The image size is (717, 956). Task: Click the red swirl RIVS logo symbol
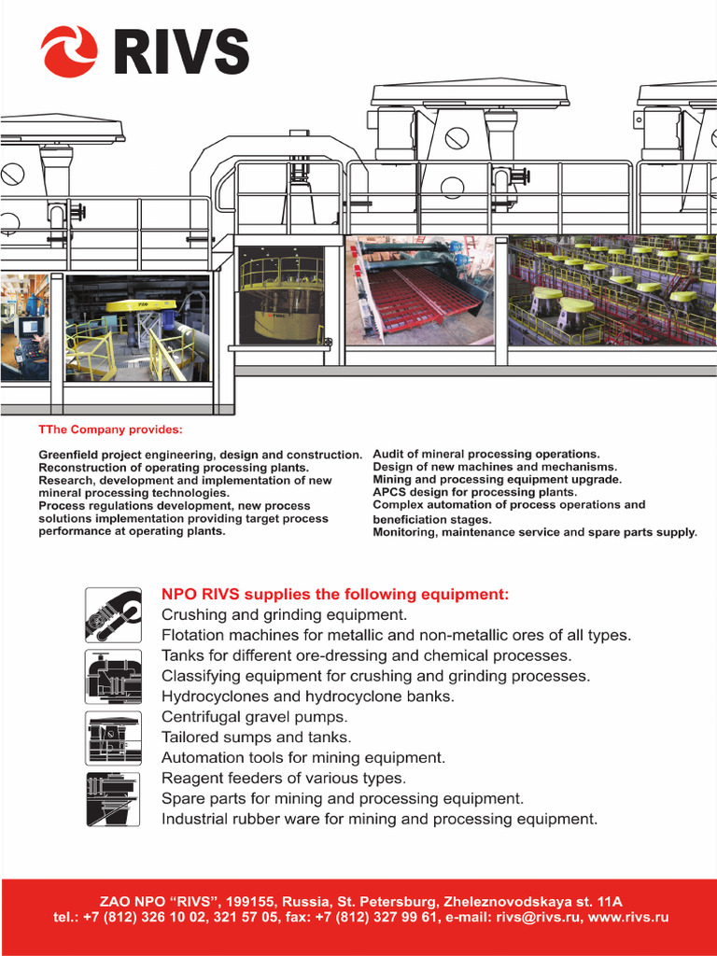coord(69,51)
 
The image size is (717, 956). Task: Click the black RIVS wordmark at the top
coord(181,52)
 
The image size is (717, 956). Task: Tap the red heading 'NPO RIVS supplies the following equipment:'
coord(336,594)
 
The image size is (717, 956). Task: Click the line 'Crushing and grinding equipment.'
coord(284,615)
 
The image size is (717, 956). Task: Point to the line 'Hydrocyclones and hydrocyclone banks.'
coord(308,696)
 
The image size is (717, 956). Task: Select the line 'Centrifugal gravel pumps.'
coord(254,717)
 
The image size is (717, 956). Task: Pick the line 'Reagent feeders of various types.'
coord(284,778)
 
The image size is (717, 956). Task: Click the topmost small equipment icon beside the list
coord(113,614)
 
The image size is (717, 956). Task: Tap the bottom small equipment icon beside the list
coord(113,798)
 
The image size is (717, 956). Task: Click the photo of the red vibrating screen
coord(425,290)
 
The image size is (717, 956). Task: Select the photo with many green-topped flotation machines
coord(612,290)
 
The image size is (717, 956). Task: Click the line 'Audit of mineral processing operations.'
coord(485,454)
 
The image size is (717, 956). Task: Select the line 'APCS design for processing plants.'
coord(474,492)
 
